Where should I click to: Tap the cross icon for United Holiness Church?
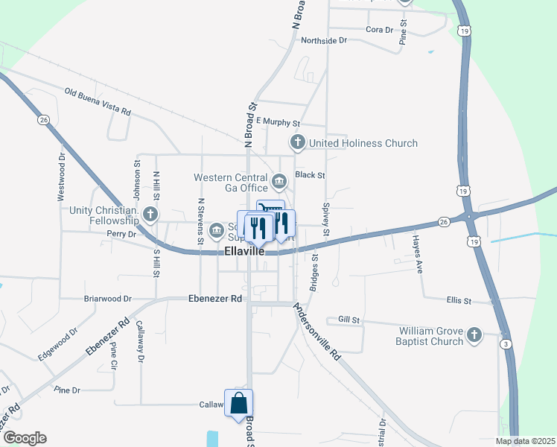(297, 142)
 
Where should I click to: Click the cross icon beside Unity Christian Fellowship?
(150, 215)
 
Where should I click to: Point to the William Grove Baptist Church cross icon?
(474, 336)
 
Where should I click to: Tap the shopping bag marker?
(239, 404)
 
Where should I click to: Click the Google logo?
(25, 438)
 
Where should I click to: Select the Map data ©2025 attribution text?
(524, 441)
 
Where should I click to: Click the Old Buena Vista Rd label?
(98, 102)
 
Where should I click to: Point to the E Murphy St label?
(278, 121)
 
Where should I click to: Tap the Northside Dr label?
(324, 40)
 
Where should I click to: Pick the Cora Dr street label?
(379, 30)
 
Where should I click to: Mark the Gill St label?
(348, 320)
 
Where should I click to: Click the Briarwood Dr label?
(106, 299)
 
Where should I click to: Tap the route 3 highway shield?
(506, 343)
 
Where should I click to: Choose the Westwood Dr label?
(61, 179)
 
